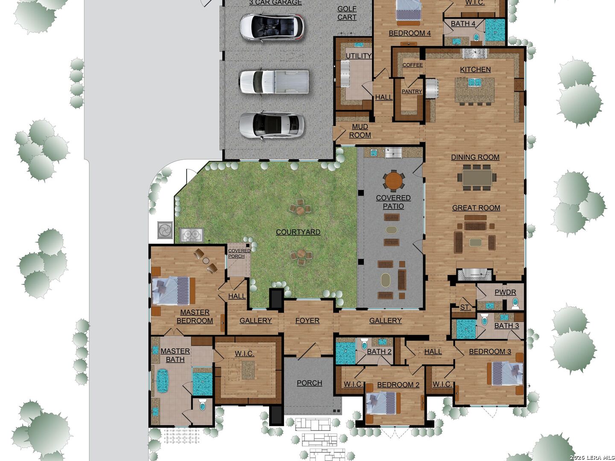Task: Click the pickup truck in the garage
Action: coord(274,82)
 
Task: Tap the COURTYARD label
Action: coord(298,232)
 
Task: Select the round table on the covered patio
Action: coord(393,180)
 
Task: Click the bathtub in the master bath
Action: coord(162,380)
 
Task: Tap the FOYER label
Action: coord(307,321)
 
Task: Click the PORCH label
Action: coord(309,383)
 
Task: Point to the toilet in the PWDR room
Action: coord(515,303)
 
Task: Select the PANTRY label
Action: coord(412,91)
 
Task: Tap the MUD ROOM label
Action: coord(360,131)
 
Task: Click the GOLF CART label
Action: coord(347,13)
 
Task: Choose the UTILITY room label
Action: coord(358,56)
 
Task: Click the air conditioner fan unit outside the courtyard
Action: coord(164,230)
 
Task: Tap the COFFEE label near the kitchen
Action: coord(413,65)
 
